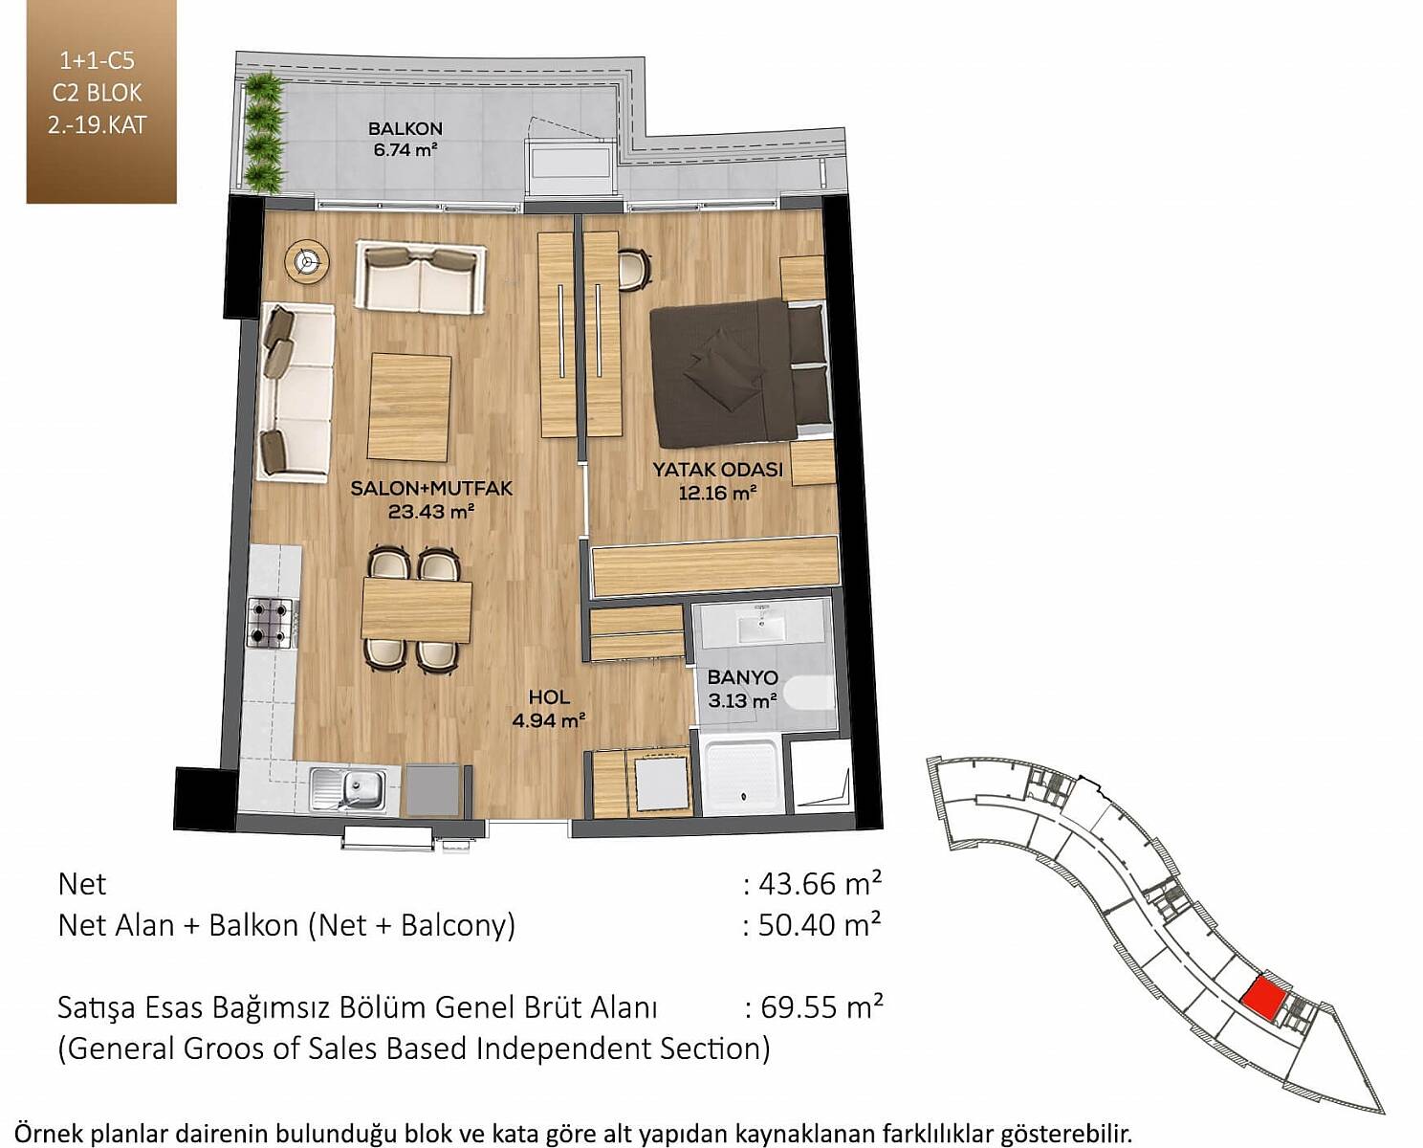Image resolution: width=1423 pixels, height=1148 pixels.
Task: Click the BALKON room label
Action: [x=405, y=128]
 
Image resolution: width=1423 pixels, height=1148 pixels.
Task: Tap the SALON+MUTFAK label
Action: [x=431, y=488]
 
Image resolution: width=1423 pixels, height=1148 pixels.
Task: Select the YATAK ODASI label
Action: [x=717, y=470]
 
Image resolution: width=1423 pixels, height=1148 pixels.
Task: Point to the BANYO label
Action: [x=742, y=677]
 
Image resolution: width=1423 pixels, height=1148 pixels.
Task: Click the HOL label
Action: [x=549, y=696]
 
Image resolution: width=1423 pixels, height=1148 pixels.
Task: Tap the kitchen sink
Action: [x=348, y=789]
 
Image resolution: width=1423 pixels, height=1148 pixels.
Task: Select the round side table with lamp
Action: [x=307, y=261]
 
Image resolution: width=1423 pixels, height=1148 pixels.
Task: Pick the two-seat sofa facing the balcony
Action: [x=421, y=276]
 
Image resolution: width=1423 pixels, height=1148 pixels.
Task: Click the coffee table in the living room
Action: [x=410, y=408]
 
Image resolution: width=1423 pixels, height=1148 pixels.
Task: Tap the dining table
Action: [x=417, y=611]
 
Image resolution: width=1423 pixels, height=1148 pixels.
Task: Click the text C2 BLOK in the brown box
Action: [x=98, y=93]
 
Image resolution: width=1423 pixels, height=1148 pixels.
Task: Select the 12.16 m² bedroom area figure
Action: [x=717, y=493]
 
